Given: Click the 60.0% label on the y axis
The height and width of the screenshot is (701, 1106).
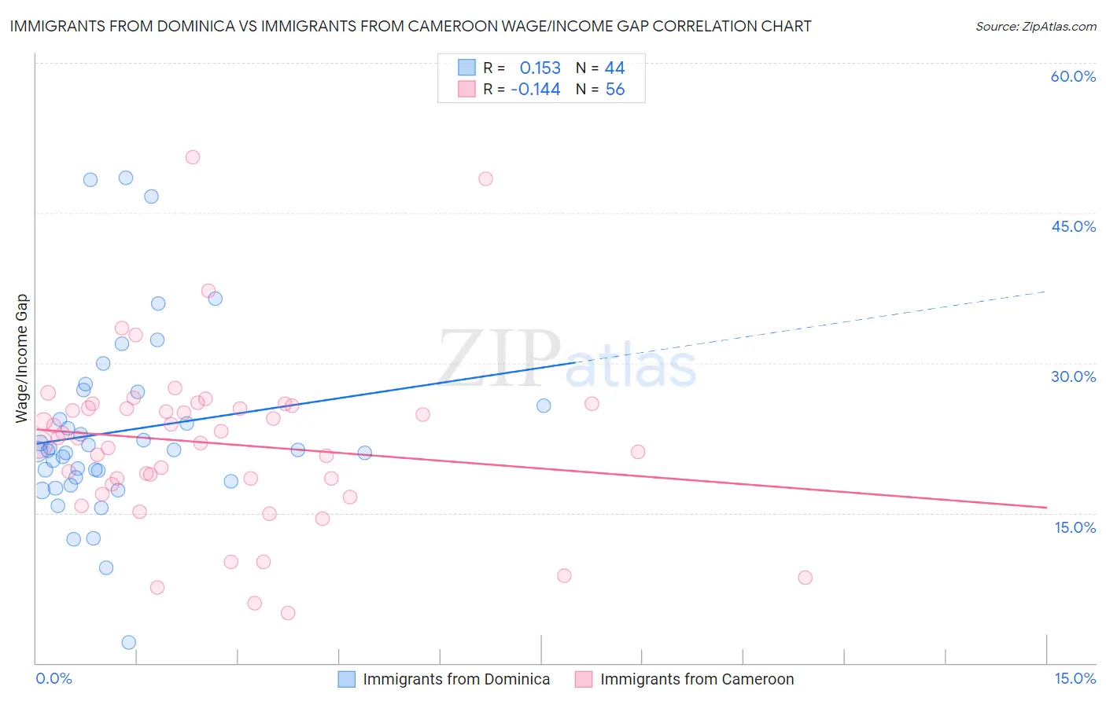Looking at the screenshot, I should pos(1073,76).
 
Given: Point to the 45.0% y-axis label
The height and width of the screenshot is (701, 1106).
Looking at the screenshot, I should pos(1073,226).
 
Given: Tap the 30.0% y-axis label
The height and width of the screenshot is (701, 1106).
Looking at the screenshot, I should pos(1073,376).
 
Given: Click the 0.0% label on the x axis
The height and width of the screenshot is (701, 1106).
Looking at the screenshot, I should pos(53,678).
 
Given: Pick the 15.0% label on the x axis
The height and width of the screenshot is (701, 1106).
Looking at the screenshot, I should pos(1075,678).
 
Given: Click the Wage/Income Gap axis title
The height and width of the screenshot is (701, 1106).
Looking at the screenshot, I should pos(22,358).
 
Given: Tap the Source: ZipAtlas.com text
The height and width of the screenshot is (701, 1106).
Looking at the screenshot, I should pos(1035,26).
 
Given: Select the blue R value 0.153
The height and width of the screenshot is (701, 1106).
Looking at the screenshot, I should pos(540,68).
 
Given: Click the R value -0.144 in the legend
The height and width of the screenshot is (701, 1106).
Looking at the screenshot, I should pos(535,89).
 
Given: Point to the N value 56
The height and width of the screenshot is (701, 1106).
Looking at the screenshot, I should pos(614,89).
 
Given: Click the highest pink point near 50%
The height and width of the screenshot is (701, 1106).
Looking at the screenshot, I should pos(193,157).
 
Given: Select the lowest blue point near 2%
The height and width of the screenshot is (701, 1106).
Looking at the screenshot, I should pos(129,642).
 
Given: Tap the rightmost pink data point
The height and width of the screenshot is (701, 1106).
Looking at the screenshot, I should pos(805,578).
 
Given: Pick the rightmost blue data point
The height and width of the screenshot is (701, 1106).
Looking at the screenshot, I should pos(544,406).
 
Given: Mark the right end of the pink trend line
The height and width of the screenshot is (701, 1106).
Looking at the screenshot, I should pos(1046,508).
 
